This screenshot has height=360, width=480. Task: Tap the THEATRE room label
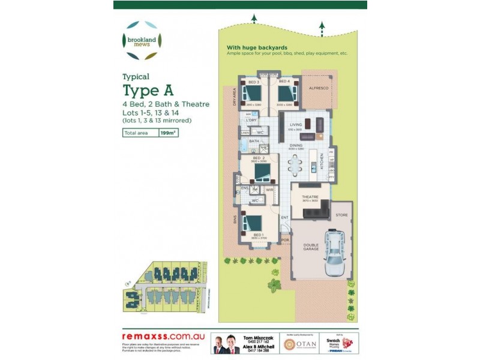(x=310, y=196)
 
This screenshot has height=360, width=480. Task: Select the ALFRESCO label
(x=318, y=88)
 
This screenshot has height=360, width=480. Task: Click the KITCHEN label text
(x=322, y=160)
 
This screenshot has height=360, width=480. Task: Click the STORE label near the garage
(x=341, y=214)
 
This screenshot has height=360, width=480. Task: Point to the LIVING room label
(x=295, y=125)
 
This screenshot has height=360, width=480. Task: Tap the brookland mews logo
(x=142, y=40)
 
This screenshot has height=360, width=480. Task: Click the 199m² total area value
(x=167, y=134)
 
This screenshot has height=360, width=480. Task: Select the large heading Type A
(x=148, y=91)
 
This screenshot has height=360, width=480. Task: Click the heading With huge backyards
(x=257, y=47)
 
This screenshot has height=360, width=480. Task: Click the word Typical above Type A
(x=136, y=76)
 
